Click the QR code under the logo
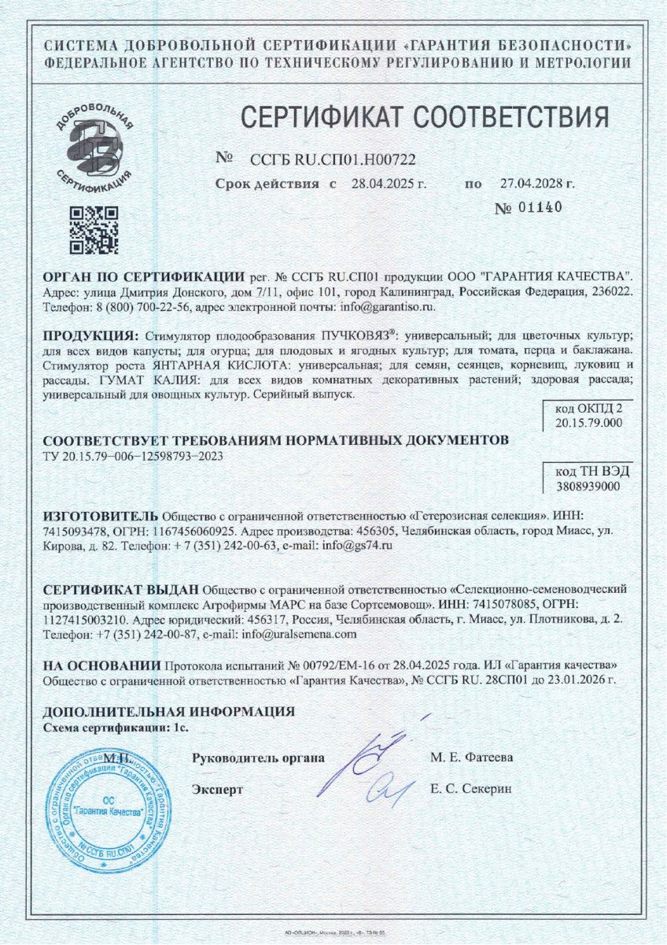[94, 230]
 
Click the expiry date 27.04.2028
[537, 184]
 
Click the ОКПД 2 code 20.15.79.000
[588, 422]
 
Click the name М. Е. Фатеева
[471, 758]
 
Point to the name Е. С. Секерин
[471, 788]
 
